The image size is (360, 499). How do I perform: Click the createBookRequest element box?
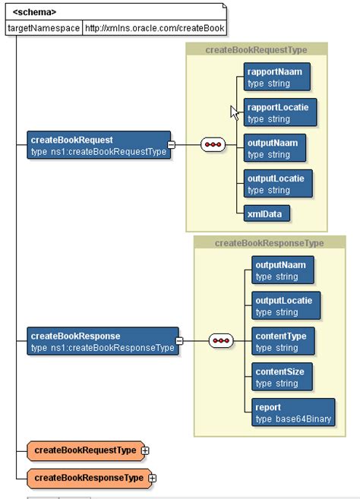coord(97,145)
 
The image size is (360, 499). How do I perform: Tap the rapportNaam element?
coord(276,77)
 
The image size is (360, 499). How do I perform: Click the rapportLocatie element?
coord(279,112)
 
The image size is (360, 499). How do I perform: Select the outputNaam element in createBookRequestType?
coord(275,148)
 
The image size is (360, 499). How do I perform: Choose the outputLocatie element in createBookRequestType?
coord(278,183)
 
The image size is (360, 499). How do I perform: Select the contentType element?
coord(283,341)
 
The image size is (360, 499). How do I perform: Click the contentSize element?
coord(283,376)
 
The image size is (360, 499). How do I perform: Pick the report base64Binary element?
coord(293,412)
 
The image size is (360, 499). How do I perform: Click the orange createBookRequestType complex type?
coord(84,450)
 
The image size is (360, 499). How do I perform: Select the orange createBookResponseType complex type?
coord(87,478)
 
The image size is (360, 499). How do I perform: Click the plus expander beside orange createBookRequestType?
coord(145,450)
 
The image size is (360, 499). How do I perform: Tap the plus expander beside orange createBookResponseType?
coord(152,478)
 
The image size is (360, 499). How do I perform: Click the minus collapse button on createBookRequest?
coord(171,145)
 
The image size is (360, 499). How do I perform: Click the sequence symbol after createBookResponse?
coord(221,341)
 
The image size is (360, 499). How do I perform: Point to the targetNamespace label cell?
coord(43,27)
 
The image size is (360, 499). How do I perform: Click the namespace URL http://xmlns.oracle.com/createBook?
coord(154,27)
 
